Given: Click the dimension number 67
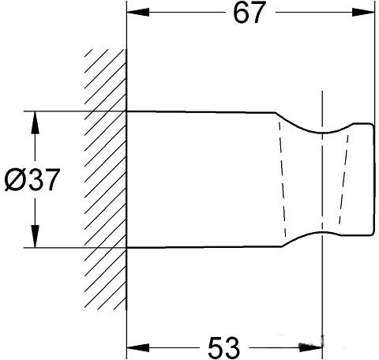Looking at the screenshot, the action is coord(249,13).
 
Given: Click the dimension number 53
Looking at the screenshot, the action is coord(223,347).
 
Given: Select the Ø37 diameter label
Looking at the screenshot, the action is coord(32,180).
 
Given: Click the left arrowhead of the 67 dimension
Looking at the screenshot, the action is coord(138,12).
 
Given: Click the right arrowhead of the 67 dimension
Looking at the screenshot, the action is coord(363,12).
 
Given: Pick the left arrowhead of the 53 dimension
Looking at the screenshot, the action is coord(138,347).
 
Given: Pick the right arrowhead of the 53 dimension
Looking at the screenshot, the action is coord(311,347).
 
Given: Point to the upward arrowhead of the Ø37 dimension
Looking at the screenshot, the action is coord(36,123).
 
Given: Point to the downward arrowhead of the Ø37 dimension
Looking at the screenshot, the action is coord(36,236).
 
